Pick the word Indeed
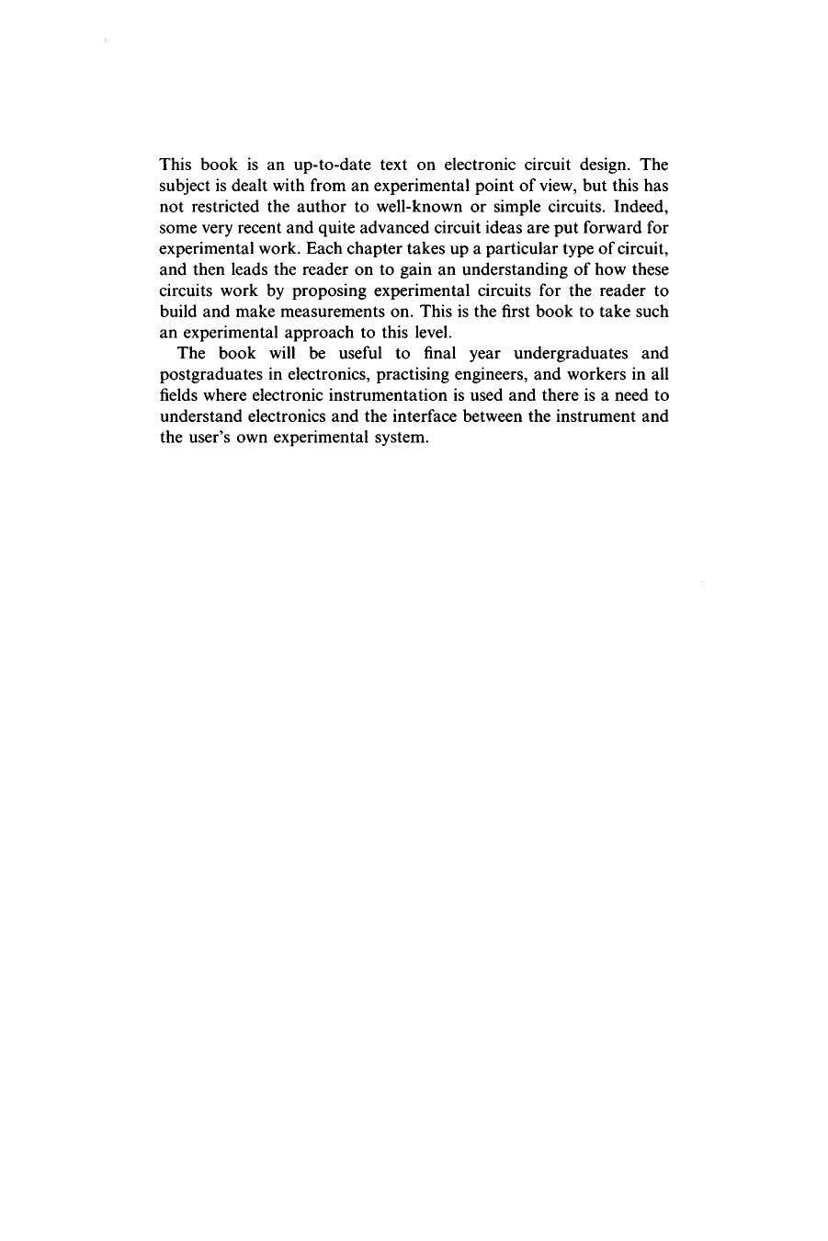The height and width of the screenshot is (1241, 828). click(x=641, y=207)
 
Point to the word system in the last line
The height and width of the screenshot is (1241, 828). click(x=402, y=438)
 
